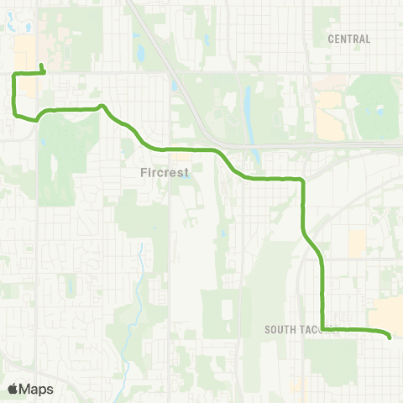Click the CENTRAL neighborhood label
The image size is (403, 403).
[349, 39]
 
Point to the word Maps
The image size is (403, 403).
[37, 389]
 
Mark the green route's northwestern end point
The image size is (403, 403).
[42, 64]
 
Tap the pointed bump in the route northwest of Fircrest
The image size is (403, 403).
[102, 107]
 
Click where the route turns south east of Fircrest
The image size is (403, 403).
[301, 181]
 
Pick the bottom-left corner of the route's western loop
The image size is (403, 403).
[15, 110]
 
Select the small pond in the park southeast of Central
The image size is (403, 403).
[380, 109]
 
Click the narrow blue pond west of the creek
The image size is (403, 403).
[67, 285]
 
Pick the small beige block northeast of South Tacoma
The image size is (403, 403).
[358, 243]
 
